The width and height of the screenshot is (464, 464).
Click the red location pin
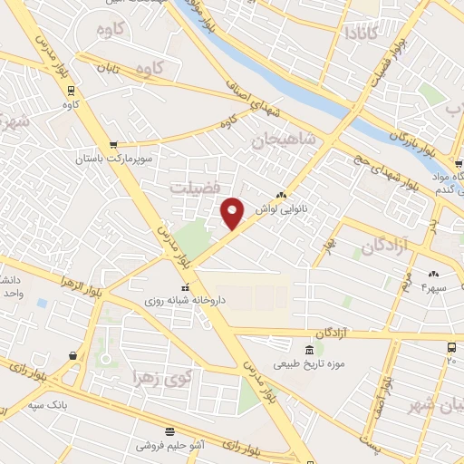[233, 212]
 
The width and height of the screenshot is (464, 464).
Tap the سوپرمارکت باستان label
[112, 159]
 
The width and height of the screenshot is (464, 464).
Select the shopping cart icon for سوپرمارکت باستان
[112, 144]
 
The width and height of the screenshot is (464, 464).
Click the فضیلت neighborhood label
[193, 186]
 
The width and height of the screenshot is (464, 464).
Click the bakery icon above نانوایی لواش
[281, 194]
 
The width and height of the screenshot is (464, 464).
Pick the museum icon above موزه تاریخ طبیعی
[310, 350]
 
